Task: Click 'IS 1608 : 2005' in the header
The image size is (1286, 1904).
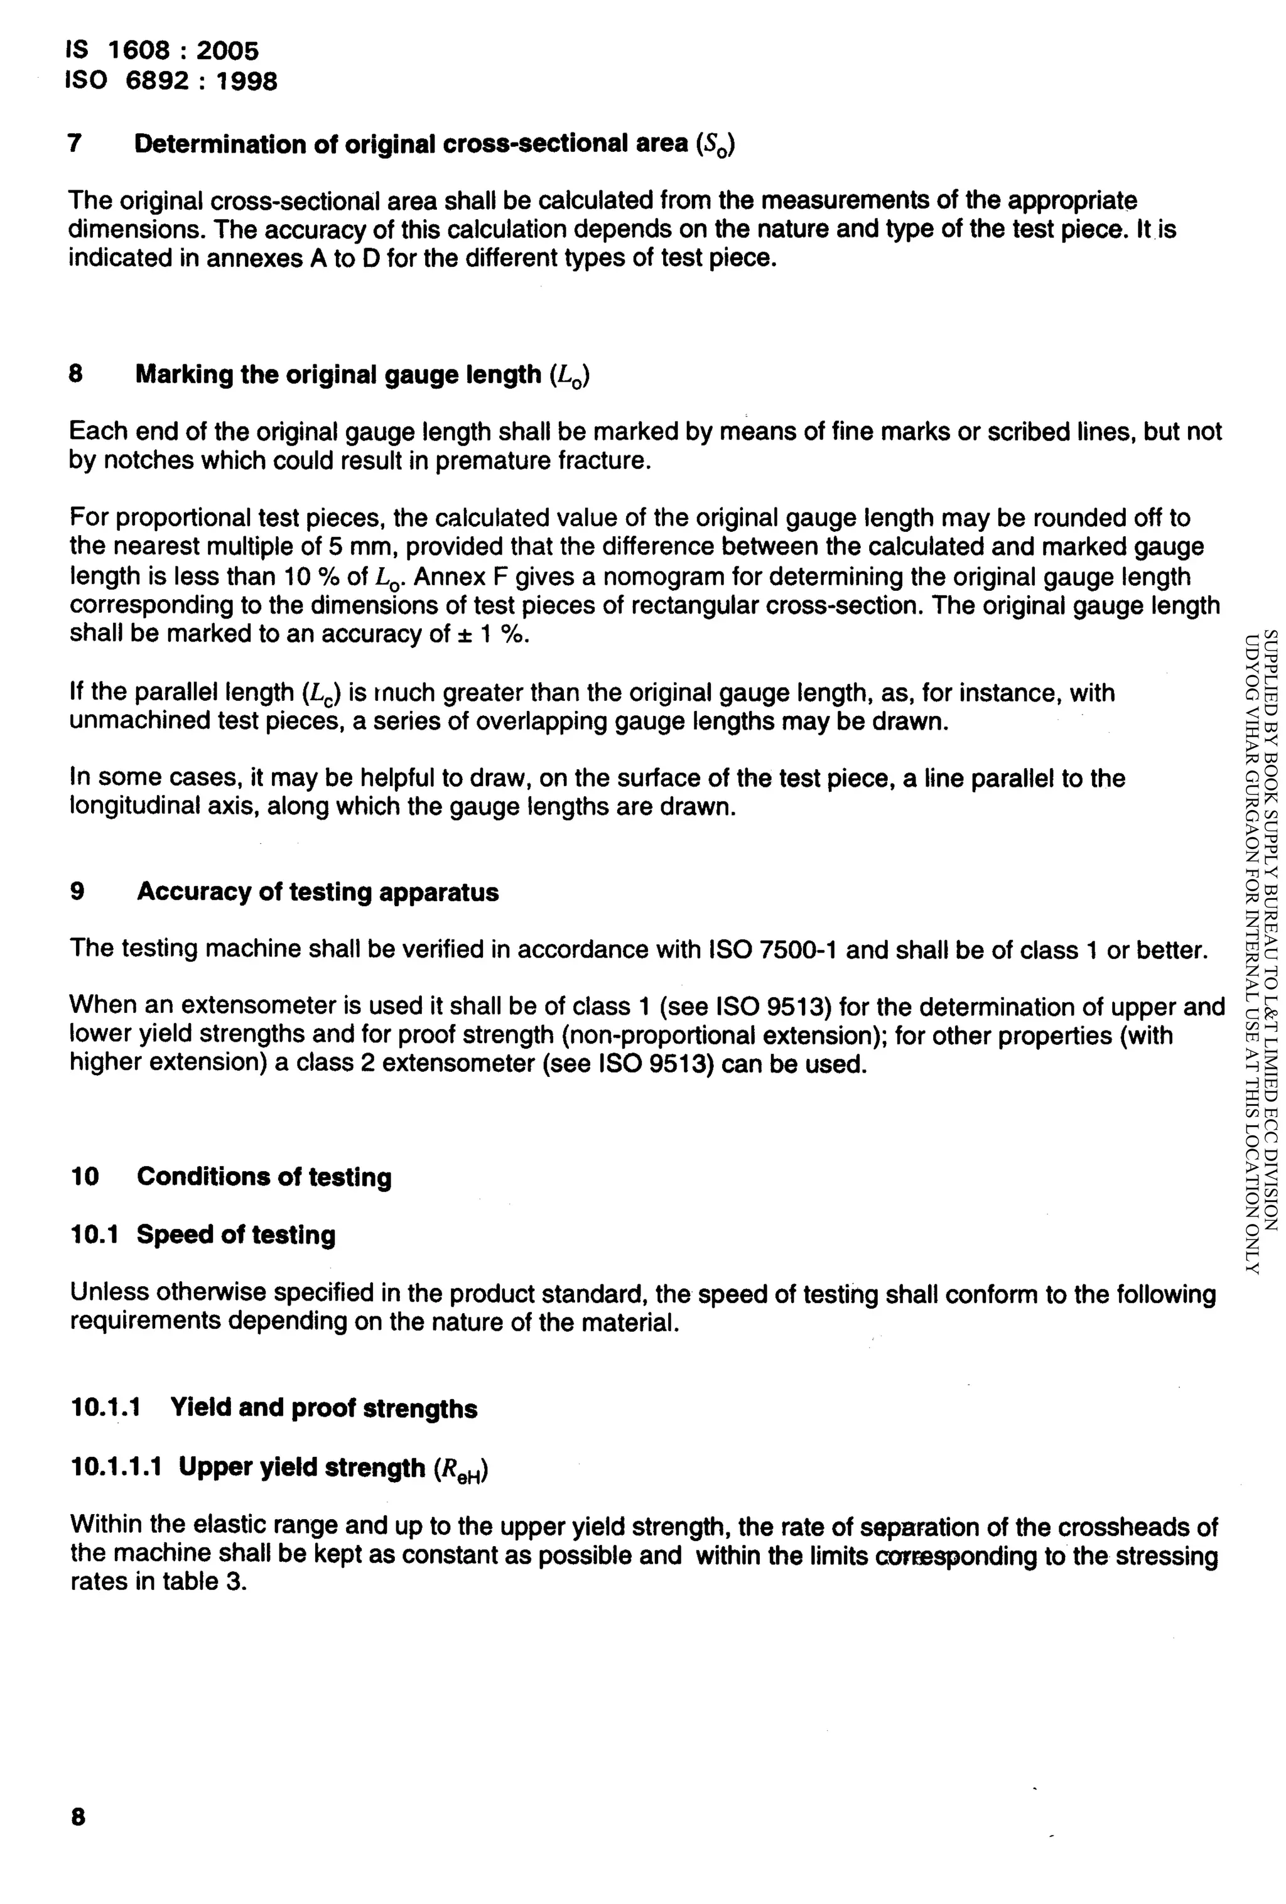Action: click(x=161, y=51)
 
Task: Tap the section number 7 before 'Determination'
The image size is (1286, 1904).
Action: click(x=75, y=143)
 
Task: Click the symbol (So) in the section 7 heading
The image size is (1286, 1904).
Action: click(x=715, y=145)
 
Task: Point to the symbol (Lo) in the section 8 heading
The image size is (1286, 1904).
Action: click(x=571, y=376)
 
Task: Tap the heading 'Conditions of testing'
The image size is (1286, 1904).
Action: click(x=264, y=1177)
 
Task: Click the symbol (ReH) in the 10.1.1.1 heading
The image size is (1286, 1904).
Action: click(x=461, y=1469)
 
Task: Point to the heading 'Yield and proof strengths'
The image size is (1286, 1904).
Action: click(x=323, y=1409)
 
